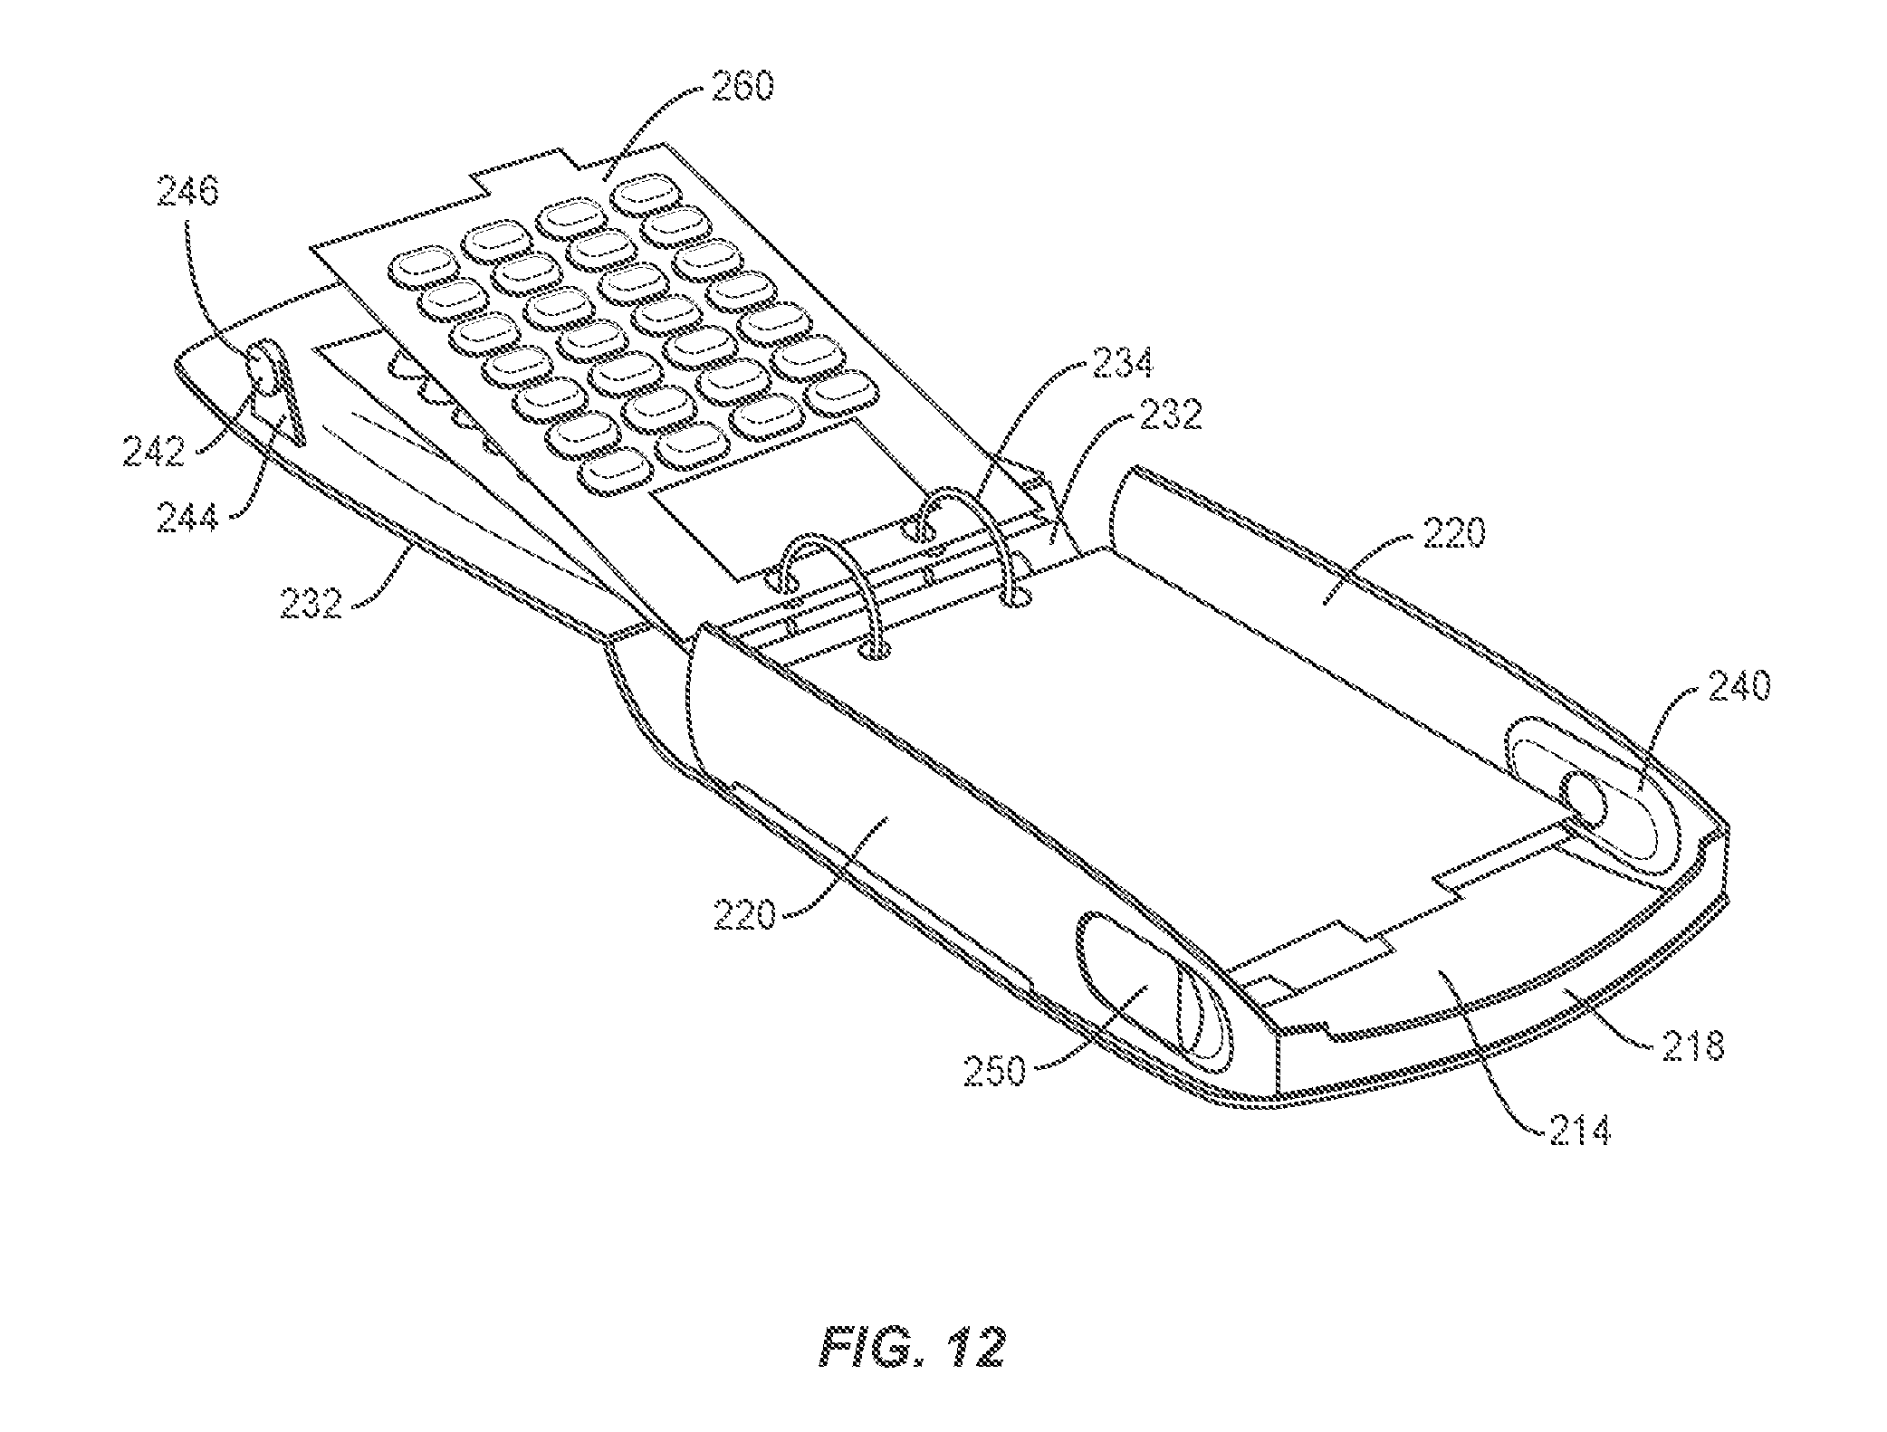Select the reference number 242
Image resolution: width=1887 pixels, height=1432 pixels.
coord(155,450)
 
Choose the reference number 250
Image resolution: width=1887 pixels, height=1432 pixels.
coord(993,1073)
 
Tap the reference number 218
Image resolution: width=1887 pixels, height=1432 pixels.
coord(1691,1045)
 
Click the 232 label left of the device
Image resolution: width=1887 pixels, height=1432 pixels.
coord(310,602)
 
